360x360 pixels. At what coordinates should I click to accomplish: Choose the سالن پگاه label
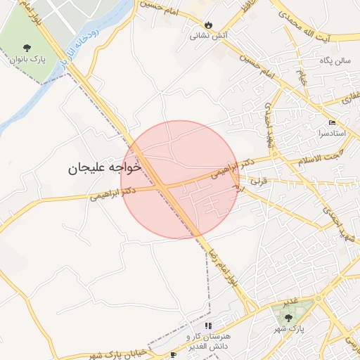pyautogui.click(x=333, y=61)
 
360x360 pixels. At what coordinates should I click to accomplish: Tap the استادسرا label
pyautogui.click(x=332, y=132)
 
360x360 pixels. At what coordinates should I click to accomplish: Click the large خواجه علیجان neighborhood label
pyautogui.click(x=105, y=169)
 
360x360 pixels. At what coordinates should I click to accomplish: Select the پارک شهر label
pyautogui.click(x=288, y=330)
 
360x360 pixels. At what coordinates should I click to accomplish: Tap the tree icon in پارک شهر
pyautogui.click(x=288, y=319)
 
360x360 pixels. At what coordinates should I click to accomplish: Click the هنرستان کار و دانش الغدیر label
pyautogui.click(x=208, y=341)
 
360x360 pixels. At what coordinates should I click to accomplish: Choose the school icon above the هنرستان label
pyautogui.click(x=208, y=326)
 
